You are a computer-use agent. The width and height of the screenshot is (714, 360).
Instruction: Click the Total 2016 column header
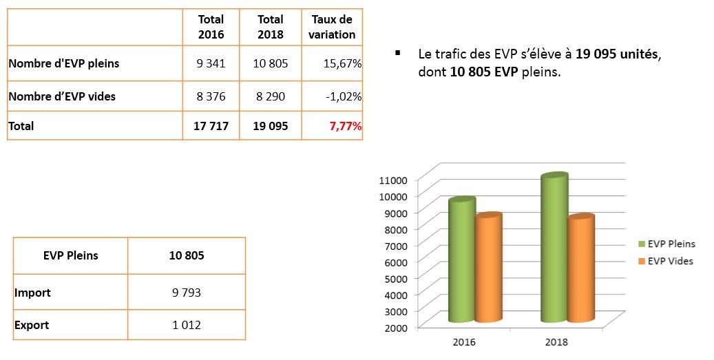tap(211, 27)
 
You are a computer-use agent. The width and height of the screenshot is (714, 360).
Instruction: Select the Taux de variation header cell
tap(333, 27)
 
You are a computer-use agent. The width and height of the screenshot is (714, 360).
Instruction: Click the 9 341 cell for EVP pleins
tap(211, 64)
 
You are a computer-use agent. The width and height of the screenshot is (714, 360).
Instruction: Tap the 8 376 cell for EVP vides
tap(211, 96)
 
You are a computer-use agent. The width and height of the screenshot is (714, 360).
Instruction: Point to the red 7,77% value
tap(345, 126)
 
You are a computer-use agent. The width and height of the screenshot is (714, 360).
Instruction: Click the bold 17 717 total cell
tap(211, 126)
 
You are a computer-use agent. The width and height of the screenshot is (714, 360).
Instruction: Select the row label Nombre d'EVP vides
tap(62, 96)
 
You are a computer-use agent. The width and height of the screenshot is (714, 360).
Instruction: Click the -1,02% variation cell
tap(344, 96)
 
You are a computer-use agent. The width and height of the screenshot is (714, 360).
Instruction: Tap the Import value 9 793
tap(186, 293)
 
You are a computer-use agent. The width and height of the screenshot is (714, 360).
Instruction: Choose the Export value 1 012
tap(186, 325)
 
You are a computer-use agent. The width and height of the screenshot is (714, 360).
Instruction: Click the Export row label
tap(32, 325)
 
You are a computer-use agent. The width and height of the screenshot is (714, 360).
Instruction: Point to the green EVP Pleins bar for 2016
tap(461, 262)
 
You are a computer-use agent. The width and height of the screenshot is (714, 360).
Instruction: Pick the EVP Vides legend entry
tap(670, 261)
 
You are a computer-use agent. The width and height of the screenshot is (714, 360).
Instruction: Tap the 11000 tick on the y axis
tap(393, 180)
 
